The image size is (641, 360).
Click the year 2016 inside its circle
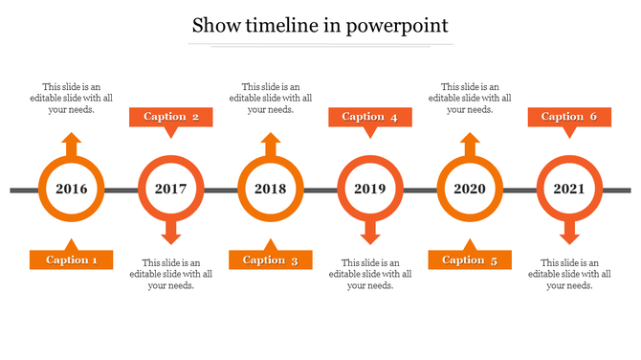72,190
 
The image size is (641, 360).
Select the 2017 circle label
171,190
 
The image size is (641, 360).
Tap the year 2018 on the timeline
271,190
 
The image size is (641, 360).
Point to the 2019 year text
370,190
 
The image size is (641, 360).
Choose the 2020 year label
470,190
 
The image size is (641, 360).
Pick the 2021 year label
569,190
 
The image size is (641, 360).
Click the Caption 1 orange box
72,259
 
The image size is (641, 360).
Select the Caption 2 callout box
171,117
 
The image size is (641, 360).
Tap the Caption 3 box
271,259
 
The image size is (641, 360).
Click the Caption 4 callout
370,117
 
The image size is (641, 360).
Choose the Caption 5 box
470,259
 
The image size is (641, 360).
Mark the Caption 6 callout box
569,117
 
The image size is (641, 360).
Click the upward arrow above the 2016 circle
72,145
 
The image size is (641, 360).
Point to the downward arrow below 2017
171,233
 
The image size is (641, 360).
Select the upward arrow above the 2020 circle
470,145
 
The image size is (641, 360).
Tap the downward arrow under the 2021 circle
569,233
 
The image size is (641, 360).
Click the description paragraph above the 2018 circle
271,98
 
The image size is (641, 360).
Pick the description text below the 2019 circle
370,274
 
